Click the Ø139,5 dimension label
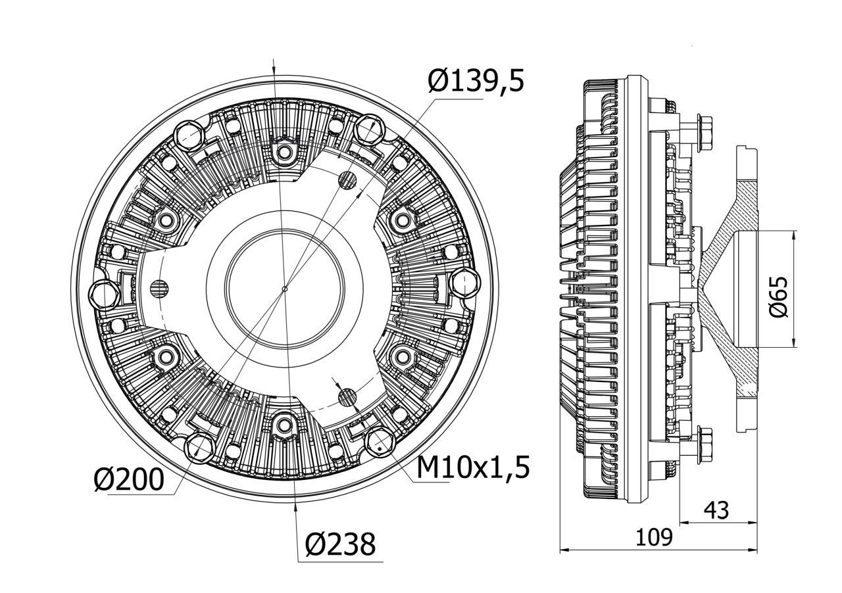pyautogui.click(x=476, y=81)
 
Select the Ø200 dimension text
pyautogui.click(x=128, y=480)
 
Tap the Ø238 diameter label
pyautogui.click(x=341, y=544)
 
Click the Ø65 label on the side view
pyautogui.click(x=778, y=297)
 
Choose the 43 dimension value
pyautogui.click(x=716, y=510)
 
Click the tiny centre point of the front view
pyautogui.click(x=284, y=289)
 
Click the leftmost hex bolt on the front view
pyautogui.click(x=104, y=294)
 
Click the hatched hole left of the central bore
pyautogui.click(x=158, y=287)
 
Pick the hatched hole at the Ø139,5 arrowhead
pyautogui.click(x=348, y=178)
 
